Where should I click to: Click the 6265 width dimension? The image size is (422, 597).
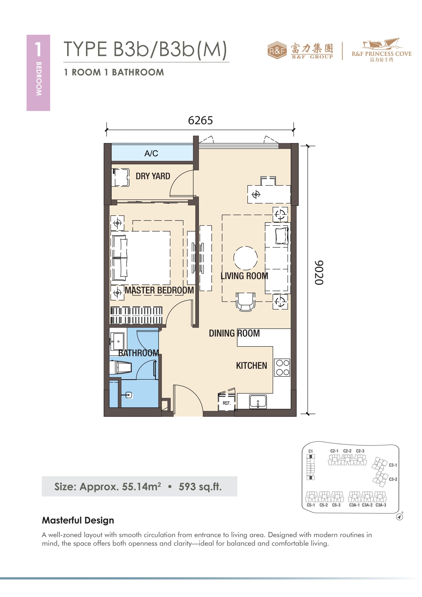click(200, 120)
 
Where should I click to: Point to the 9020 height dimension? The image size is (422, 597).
click(319, 273)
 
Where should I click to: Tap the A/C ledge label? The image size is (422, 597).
click(151, 153)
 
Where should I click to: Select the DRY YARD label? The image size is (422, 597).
click(153, 176)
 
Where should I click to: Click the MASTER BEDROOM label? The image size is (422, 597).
click(159, 290)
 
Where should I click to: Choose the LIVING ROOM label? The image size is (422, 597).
click(244, 276)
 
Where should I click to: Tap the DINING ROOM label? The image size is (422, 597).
click(234, 333)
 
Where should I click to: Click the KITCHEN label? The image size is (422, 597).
click(251, 366)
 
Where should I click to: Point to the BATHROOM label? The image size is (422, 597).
click(138, 353)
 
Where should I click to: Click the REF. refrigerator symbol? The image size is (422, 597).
click(226, 402)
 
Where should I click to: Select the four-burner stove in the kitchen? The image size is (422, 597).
click(282, 367)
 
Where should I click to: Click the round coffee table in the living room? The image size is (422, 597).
click(246, 258)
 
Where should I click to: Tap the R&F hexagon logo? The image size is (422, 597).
click(277, 50)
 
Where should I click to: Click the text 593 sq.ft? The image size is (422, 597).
click(200, 486)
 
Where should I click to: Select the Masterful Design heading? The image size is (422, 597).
click(78, 520)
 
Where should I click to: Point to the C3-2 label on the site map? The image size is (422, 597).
click(393, 479)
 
